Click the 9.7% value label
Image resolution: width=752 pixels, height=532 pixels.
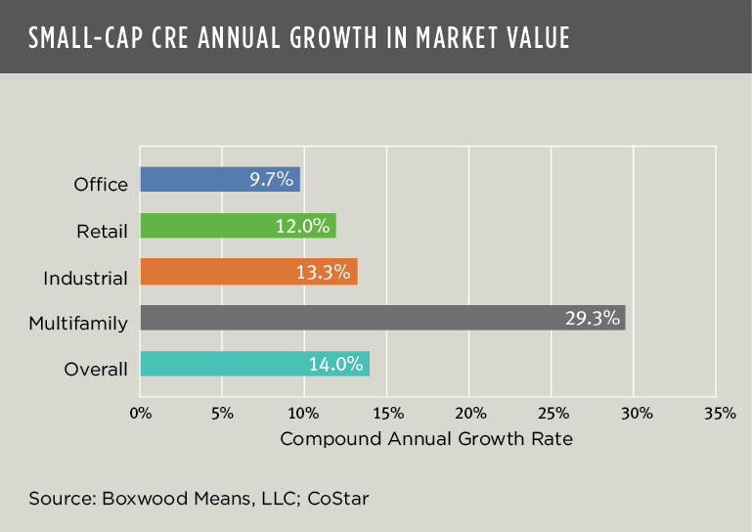coord(271,179)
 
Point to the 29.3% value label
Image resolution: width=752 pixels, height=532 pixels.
coord(591,318)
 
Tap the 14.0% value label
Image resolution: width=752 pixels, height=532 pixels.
coord(334,364)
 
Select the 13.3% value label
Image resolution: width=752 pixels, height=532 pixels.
coord(323,272)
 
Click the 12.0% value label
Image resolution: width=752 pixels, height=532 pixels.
coord(301,226)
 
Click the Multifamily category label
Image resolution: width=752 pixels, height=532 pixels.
coord(78,323)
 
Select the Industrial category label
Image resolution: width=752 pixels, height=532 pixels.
coord(85,278)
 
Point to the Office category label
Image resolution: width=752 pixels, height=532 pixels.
coord(101,185)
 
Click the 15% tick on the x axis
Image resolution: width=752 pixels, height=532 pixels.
coord(387,413)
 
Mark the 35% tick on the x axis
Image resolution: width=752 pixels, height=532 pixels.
coord(718,413)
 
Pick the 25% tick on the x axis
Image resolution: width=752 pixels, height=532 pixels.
coord(553,413)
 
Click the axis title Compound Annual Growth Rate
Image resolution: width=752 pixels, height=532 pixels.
coord(426,439)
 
